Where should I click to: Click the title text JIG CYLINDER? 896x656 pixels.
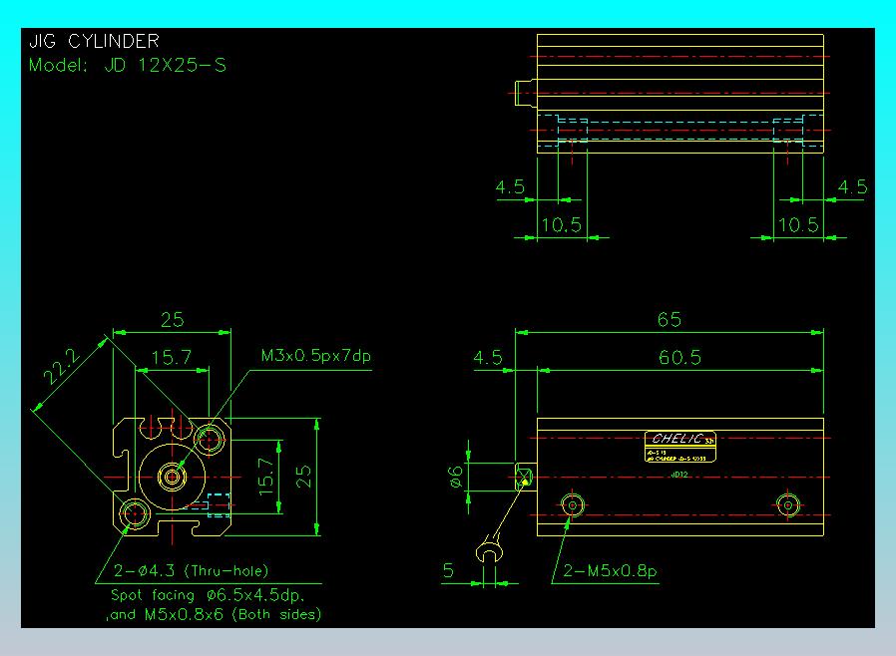pos(94,41)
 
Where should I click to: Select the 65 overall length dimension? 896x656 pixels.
pos(670,320)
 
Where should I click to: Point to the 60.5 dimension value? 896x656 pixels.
pos(680,357)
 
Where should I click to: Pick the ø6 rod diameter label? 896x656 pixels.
pos(456,478)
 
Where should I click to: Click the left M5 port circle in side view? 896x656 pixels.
pos(572,505)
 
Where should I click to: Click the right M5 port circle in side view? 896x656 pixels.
pos(788,505)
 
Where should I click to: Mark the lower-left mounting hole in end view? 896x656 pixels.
pos(135,514)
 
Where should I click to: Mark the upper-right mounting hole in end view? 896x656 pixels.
pos(211,437)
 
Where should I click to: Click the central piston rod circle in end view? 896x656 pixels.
pos(173,477)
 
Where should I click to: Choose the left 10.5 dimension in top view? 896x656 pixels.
pos(561,225)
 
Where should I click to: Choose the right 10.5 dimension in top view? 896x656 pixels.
pos(798,225)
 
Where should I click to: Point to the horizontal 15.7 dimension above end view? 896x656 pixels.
pos(171,357)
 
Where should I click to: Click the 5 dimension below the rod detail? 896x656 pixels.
pos(449,570)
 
